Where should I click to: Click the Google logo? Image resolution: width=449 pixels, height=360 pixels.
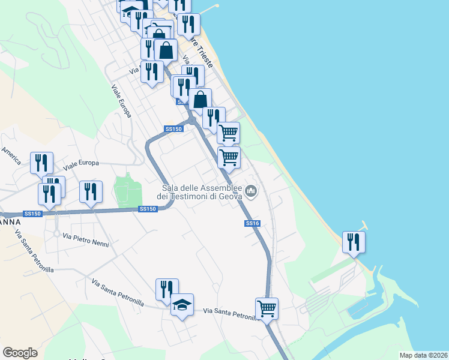[x=20, y=353]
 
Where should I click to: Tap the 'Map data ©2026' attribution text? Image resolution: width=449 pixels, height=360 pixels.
[x=423, y=355]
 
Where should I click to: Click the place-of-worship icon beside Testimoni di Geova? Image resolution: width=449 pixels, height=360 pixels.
[x=251, y=191]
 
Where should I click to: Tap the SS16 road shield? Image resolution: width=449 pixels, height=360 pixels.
[x=252, y=223]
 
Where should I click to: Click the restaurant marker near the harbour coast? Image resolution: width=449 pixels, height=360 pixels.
[x=354, y=242]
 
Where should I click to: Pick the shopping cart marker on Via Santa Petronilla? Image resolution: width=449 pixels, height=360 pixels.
[x=267, y=309]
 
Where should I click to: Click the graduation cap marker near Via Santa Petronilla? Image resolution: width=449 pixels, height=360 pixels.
[x=182, y=305]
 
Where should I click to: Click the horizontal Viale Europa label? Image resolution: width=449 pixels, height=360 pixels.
[x=80, y=163]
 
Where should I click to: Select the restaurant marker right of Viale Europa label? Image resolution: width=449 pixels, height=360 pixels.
[x=91, y=192]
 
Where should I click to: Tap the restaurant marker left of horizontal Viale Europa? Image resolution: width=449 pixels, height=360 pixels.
[x=41, y=163]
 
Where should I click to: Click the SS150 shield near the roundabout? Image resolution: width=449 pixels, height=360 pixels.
[x=173, y=129]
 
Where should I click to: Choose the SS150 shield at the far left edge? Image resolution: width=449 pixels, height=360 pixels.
[x=32, y=214]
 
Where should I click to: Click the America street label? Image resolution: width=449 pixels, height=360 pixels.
[x=11, y=155]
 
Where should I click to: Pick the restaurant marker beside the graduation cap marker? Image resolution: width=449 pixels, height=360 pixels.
[x=167, y=290]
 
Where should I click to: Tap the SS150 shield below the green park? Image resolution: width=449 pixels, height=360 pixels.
[x=147, y=209]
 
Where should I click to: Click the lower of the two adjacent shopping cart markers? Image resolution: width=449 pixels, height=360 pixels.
[x=229, y=158]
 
